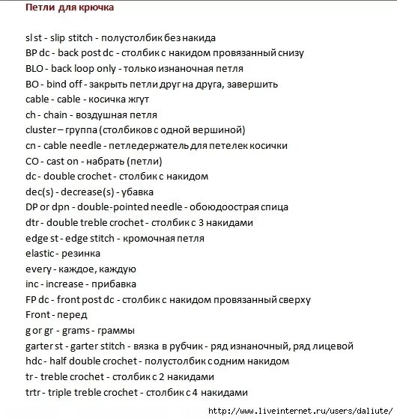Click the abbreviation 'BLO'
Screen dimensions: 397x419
35,68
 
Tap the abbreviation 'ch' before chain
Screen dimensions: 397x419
30,114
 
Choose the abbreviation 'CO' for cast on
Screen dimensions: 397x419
32,161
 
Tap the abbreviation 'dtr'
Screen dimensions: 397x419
33,222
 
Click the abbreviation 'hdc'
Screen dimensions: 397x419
34,361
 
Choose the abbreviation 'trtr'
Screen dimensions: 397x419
34,392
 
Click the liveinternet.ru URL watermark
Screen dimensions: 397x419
299,410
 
